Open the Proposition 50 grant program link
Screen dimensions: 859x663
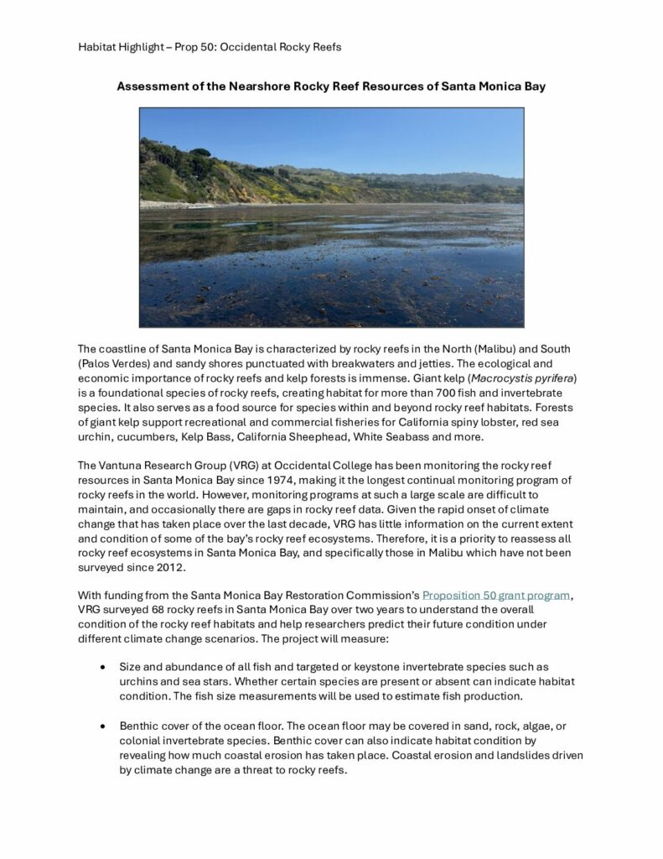(x=496, y=595)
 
